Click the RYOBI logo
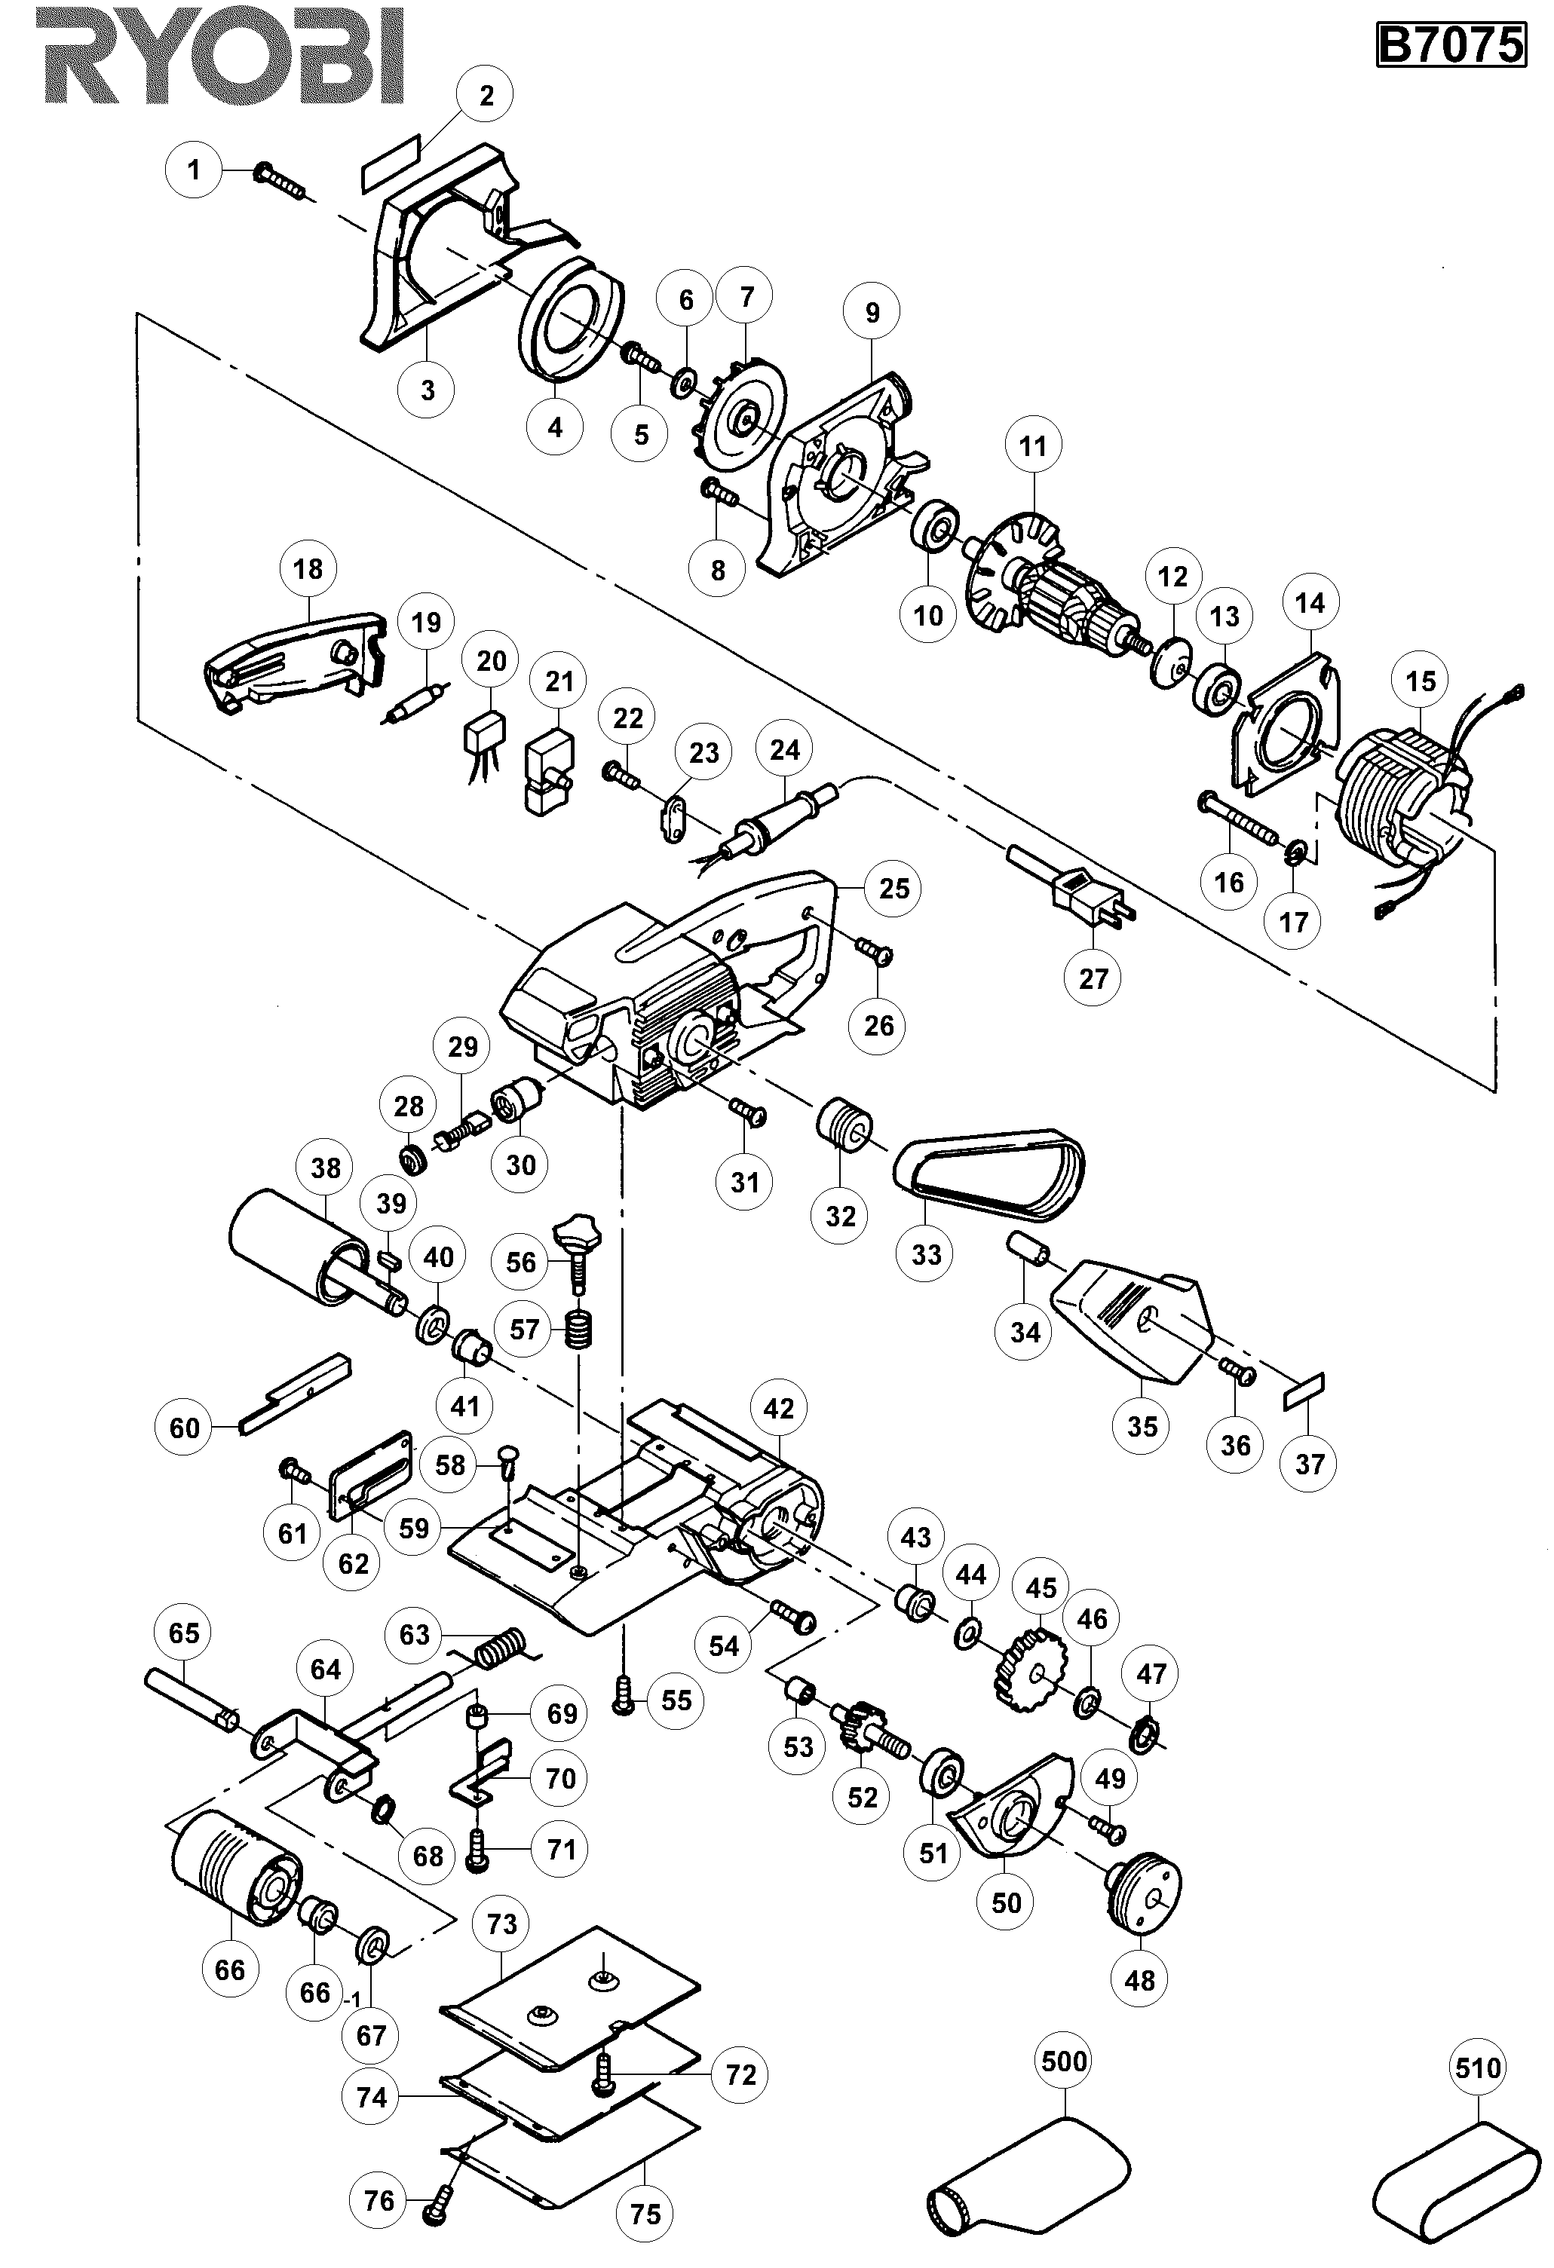(222, 56)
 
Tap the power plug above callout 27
(1086, 895)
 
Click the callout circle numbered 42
(778, 1408)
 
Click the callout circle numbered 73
(501, 1924)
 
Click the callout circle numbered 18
(308, 568)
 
